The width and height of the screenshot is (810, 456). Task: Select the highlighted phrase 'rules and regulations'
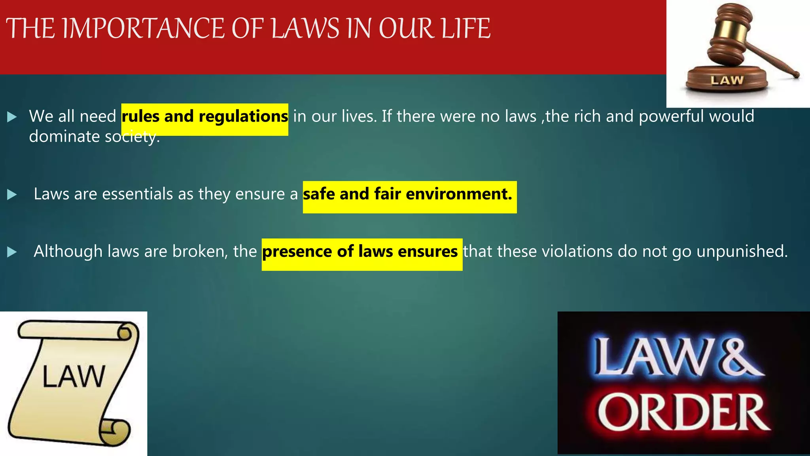coord(204,116)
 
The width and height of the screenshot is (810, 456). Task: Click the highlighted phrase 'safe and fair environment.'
coord(407,194)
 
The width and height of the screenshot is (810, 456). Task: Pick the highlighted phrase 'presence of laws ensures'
coord(360,251)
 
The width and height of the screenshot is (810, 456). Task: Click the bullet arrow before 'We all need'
coord(12,117)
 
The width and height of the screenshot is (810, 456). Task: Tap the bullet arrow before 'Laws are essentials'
coord(12,194)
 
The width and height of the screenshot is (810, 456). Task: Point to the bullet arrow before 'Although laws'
coord(12,252)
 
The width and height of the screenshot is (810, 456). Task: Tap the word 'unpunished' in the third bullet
coord(741,251)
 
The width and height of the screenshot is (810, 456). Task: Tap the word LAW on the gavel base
coord(727,80)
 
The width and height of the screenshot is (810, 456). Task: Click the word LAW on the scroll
coord(74,376)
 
